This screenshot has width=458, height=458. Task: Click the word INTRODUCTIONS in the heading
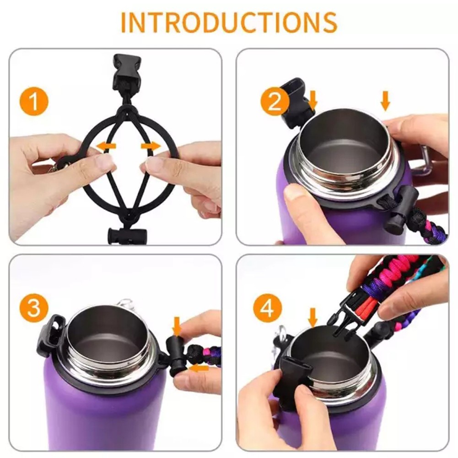[x=229, y=22]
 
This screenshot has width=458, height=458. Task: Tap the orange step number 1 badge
[x=34, y=102]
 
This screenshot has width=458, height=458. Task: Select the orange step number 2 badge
[x=275, y=102]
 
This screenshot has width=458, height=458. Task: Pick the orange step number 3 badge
[x=34, y=308]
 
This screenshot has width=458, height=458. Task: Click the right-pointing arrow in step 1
[x=151, y=146]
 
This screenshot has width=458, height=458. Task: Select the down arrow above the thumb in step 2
[x=386, y=101]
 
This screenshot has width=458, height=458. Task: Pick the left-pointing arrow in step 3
[x=199, y=368]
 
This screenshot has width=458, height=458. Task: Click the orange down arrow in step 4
[x=313, y=318]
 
